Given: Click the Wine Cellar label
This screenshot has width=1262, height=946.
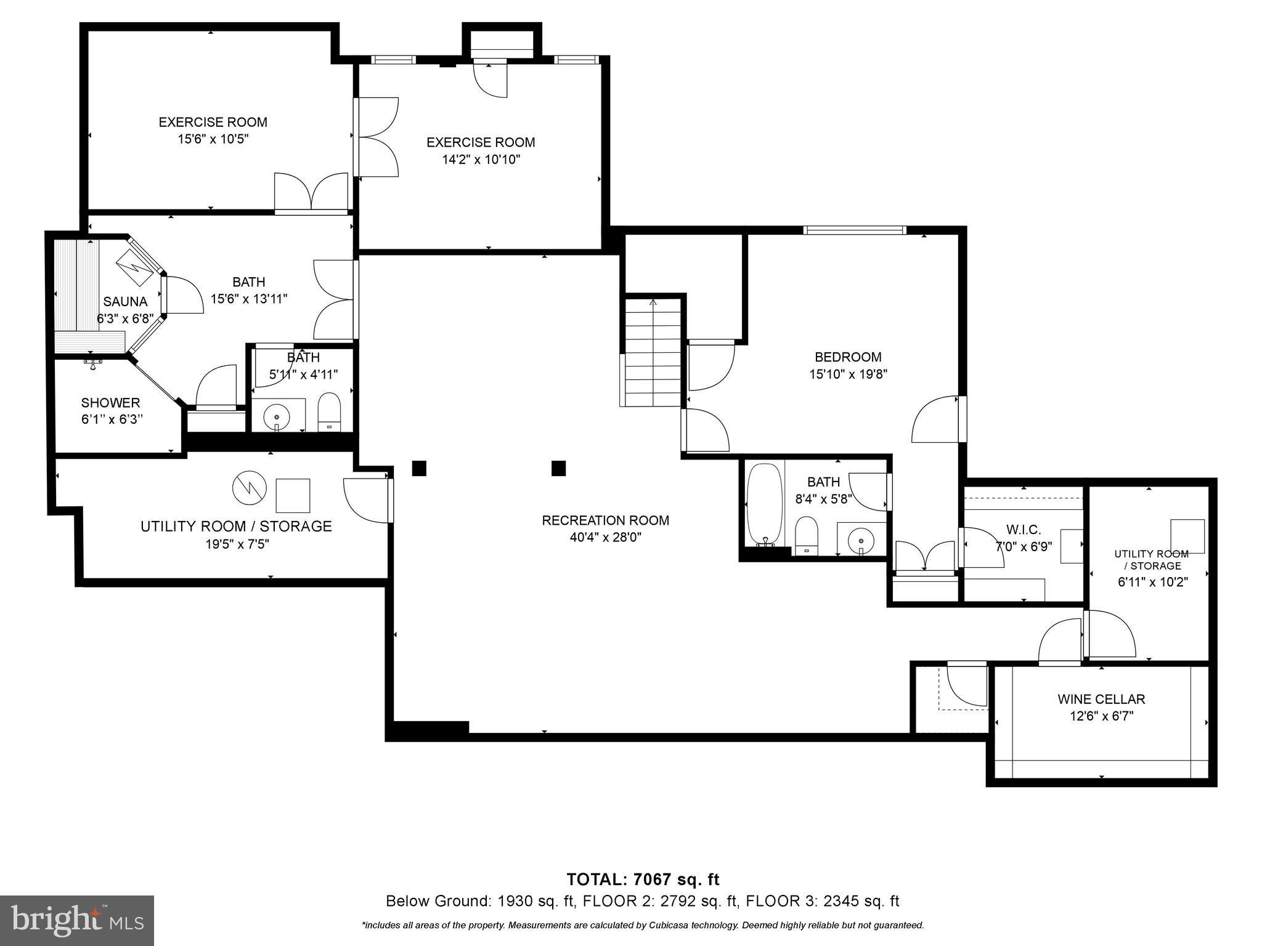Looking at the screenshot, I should coord(1101,699).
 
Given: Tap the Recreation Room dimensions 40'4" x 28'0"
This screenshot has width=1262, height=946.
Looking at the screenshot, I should coord(606,537).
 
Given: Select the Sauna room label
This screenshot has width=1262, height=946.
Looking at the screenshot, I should coord(125,302).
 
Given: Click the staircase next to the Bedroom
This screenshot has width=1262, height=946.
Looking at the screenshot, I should coord(653,352).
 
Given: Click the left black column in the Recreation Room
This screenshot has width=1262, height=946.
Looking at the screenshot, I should coord(419,468).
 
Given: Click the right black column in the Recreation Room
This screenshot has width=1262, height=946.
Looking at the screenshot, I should coord(558,468).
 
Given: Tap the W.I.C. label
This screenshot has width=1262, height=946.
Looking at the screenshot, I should coord(1023,530).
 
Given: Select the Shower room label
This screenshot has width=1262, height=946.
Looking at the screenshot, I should coord(111,403).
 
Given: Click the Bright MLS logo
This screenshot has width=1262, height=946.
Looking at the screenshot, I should coord(77,920).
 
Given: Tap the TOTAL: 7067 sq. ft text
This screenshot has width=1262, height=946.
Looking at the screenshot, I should coord(643,879).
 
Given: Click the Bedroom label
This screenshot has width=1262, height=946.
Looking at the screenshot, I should coord(848,357).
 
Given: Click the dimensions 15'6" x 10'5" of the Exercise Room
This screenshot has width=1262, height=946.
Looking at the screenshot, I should coord(213,139).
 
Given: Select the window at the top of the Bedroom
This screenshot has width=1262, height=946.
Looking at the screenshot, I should coord(855,230).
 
